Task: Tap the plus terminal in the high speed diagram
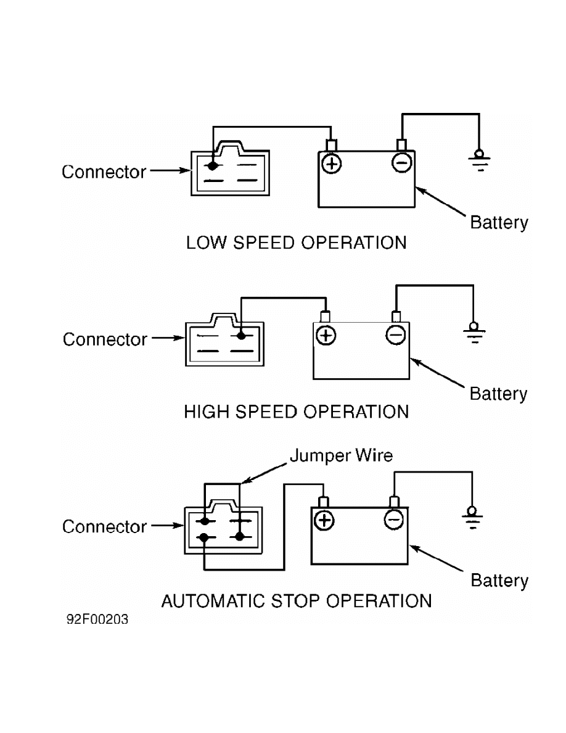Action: [x=325, y=335]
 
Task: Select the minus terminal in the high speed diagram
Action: [x=395, y=334]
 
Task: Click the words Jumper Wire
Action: [x=341, y=456]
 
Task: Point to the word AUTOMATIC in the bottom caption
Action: [x=225, y=600]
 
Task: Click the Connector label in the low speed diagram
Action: [x=104, y=172]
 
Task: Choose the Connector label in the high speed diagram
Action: [x=105, y=339]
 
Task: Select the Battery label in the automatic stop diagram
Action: [x=499, y=581]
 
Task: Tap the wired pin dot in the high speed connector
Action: [x=240, y=336]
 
